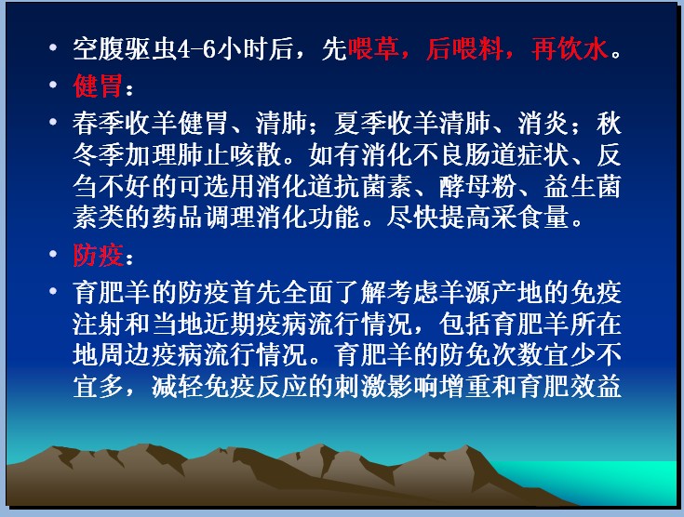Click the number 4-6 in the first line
coord(197,49)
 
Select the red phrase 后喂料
coord(464,49)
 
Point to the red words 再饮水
coord(570,49)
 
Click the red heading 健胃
coord(98,86)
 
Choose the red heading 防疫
coord(98,255)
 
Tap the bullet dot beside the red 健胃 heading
coord(53,84)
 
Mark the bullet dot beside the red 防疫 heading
coord(53,253)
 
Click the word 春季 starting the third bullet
coord(99,124)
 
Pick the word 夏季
coord(360,124)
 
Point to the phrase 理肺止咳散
coord(216,155)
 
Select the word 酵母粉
coord(477,187)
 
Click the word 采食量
coord(530,217)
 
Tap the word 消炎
coord(543,124)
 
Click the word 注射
coord(99,325)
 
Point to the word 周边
coord(125,356)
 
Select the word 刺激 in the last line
coord(360,387)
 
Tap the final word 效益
coord(596,387)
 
